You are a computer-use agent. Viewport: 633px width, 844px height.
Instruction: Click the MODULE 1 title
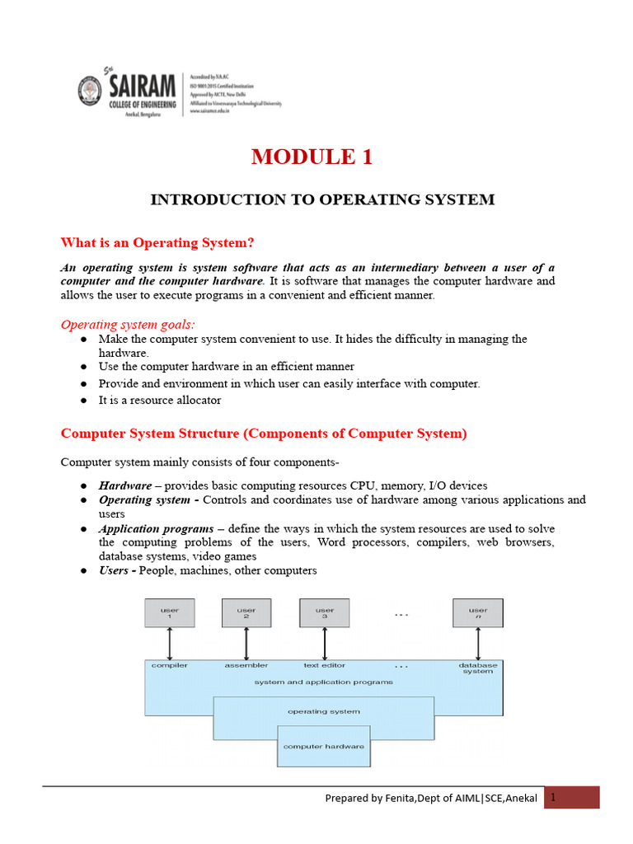tap(312, 157)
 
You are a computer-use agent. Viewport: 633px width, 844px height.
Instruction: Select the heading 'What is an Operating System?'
tap(157, 242)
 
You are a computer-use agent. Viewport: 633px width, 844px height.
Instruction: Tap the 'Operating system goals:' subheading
tap(128, 324)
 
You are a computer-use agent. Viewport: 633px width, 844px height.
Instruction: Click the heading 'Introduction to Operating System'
tap(321, 199)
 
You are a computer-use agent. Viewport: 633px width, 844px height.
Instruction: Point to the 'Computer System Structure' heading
tap(264, 434)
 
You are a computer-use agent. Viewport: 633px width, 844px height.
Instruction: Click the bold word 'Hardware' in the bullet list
tap(124, 485)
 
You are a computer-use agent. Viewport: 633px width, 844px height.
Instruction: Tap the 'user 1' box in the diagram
tap(169, 613)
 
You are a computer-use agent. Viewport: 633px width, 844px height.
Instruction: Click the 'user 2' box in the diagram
tap(246, 613)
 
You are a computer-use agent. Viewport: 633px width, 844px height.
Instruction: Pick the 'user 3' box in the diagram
tap(324, 613)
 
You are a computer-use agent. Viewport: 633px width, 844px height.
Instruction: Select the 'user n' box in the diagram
tap(477, 613)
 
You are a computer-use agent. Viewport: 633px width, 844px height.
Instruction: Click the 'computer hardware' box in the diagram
tap(323, 747)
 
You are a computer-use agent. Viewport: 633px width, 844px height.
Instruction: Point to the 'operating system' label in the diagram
tap(323, 710)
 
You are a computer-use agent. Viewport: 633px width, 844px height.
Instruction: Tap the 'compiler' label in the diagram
tap(169, 664)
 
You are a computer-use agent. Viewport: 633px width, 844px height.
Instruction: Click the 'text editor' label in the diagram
tap(324, 664)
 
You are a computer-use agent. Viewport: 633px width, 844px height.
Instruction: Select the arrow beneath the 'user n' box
tap(477, 643)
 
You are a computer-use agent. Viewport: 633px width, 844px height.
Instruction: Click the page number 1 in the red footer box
tap(555, 797)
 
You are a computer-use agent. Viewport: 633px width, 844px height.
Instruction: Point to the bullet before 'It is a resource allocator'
tap(84, 401)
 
